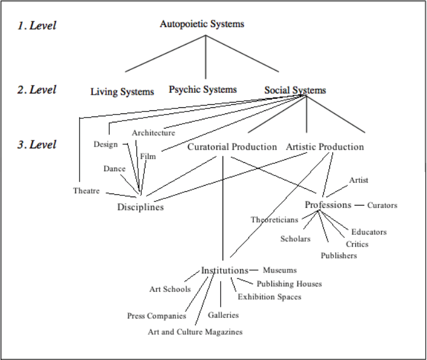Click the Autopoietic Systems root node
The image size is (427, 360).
click(202, 25)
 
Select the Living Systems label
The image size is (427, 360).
click(122, 92)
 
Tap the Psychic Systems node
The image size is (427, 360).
click(203, 90)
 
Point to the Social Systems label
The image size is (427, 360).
click(295, 90)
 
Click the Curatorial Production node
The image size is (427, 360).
click(232, 147)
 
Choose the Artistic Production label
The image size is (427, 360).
click(324, 147)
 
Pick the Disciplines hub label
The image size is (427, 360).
click(141, 207)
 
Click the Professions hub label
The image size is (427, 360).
click(327, 205)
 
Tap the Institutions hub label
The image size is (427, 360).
click(225, 270)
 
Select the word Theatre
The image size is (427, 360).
click(86, 191)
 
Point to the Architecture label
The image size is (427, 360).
click(153, 133)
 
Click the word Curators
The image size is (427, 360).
click(382, 206)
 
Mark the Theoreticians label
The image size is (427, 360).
click(274, 219)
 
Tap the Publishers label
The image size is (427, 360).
click(339, 256)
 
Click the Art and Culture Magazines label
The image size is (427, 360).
click(195, 332)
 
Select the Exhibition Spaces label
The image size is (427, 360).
click(269, 297)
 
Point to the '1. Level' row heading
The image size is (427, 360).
click(36, 26)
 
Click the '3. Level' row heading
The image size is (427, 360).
click(36, 145)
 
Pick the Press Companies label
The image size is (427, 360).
click(157, 316)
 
